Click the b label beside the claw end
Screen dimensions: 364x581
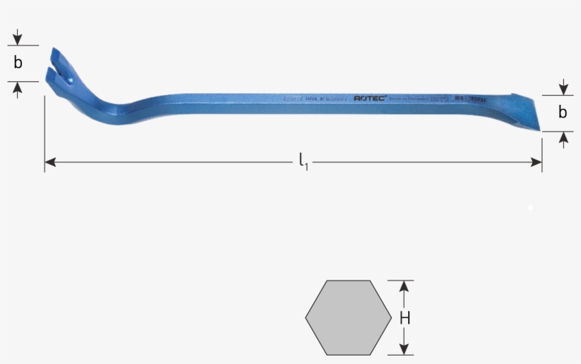(18, 63)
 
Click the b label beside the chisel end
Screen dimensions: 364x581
(563, 113)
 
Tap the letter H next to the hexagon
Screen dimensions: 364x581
(405, 319)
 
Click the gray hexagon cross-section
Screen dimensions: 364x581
(348, 317)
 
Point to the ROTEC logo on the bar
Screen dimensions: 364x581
(370, 99)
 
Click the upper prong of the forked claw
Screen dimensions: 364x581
(57, 57)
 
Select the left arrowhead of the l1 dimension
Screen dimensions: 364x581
(50, 163)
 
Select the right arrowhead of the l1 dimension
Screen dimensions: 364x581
(537, 163)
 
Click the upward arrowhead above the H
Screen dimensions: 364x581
(405, 286)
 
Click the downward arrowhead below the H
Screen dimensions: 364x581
(405, 349)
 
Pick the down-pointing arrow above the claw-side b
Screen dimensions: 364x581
(18, 39)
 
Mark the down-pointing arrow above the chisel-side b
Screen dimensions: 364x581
(563, 88)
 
